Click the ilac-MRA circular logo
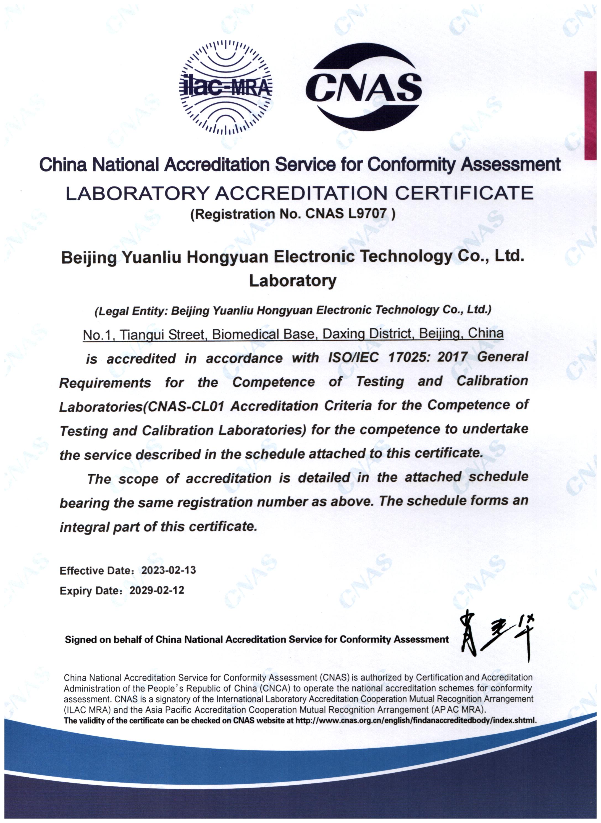click(226, 87)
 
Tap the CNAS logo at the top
click(364, 87)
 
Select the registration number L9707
click(368, 214)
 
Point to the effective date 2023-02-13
click(169, 570)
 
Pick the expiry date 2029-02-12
click(157, 590)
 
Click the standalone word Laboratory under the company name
click(293, 281)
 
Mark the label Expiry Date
click(89, 591)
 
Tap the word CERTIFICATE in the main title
click(464, 194)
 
